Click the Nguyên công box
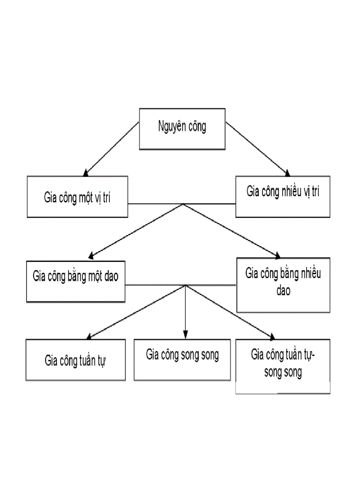[x=182, y=129]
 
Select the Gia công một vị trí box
[x=77, y=197]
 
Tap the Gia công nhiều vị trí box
[x=283, y=197]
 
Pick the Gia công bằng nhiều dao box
[x=283, y=285]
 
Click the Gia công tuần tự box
[x=76, y=360]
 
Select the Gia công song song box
[x=182, y=359]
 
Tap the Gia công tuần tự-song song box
[x=283, y=366]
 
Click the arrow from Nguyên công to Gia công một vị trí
[x=111, y=149]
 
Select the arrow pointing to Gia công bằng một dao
[x=136, y=230]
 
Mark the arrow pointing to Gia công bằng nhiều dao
[x=232, y=230]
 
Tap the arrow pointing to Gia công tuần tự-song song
[x=229, y=312]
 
